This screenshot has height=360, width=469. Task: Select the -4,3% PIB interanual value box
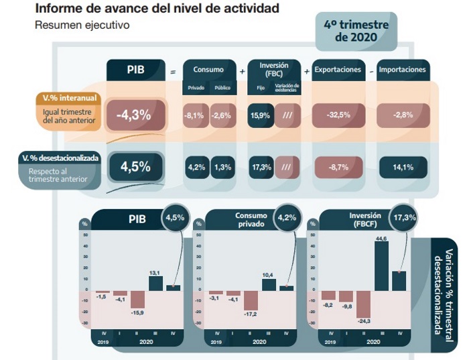click(133, 115)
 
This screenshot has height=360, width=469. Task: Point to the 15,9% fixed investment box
click(260, 115)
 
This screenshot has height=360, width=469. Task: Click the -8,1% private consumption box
click(195, 115)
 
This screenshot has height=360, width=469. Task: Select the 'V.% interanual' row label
click(66, 98)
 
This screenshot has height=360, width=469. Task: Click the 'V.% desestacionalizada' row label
click(61, 158)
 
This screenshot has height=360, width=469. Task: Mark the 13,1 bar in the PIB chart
click(155, 283)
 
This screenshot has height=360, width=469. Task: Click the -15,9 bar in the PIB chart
click(138, 299)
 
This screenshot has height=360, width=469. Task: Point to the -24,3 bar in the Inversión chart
click(363, 304)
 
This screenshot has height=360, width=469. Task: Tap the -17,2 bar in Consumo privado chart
click(251, 300)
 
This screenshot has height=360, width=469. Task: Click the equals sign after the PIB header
click(174, 70)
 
